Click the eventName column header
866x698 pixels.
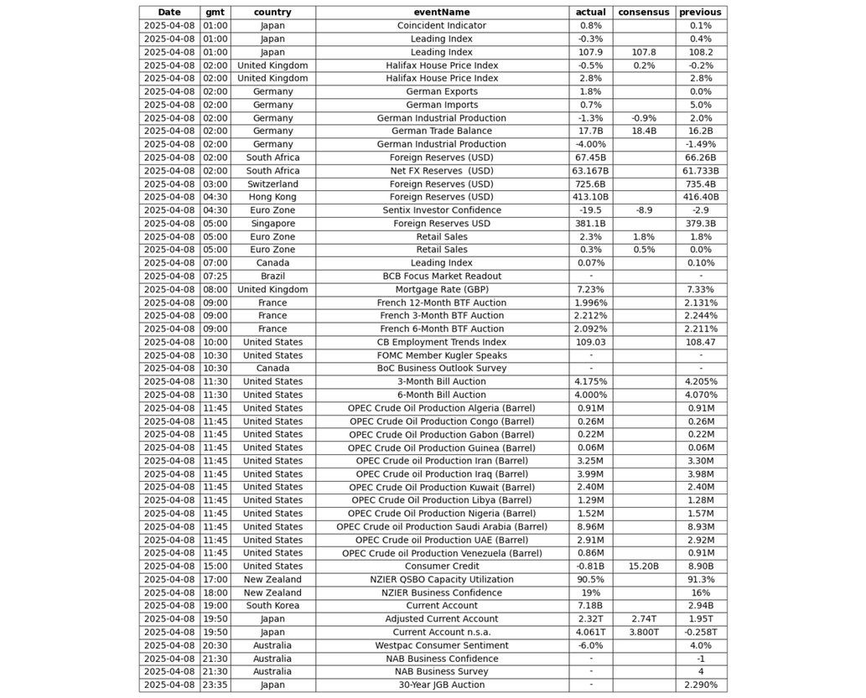point(442,13)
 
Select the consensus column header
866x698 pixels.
point(644,13)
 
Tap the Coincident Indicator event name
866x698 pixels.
point(442,25)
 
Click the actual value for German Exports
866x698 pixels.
point(590,91)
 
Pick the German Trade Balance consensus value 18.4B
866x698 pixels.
point(644,131)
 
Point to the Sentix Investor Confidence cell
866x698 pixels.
point(442,210)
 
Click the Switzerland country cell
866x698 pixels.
point(272,184)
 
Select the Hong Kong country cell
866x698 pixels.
point(272,197)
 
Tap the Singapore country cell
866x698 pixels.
point(272,224)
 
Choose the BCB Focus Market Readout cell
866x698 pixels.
point(442,277)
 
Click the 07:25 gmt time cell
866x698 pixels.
point(215,277)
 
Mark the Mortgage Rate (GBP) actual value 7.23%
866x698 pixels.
point(590,289)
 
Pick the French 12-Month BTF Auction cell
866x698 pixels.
point(442,302)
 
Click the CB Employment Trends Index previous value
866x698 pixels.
point(701,342)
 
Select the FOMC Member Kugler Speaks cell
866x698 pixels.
point(442,355)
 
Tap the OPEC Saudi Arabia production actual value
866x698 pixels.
point(590,527)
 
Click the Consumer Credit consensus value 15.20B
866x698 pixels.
point(644,566)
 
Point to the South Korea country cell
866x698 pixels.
point(272,606)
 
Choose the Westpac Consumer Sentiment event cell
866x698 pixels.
point(442,645)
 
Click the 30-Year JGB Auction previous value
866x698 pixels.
point(701,685)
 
